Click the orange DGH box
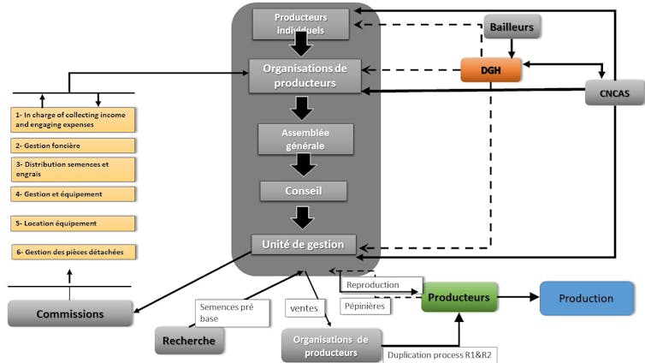[x=491, y=69]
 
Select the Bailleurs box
[x=512, y=27]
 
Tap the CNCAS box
[x=614, y=92]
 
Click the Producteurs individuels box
[x=300, y=24]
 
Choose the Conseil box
[x=304, y=190]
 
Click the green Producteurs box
[x=459, y=298]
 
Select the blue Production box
[x=586, y=298]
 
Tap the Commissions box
[x=70, y=313]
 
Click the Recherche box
[x=190, y=341]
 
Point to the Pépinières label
[x=365, y=305]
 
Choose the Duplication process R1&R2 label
[x=441, y=354]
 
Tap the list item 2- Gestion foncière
[x=74, y=146]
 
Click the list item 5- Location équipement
[x=74, y=223]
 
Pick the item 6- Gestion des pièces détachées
[x=74, y=252]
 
